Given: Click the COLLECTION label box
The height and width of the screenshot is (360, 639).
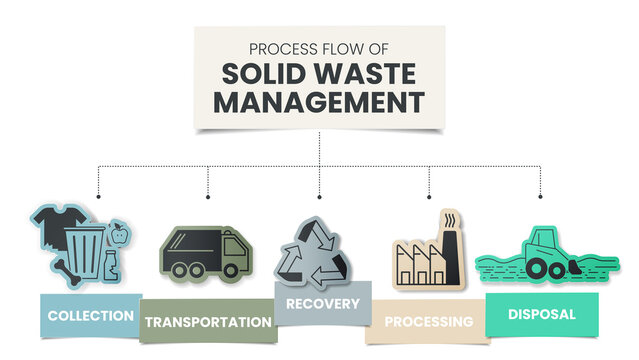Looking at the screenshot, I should point(89,316).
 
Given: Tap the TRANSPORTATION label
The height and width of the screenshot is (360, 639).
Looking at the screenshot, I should point(207,322).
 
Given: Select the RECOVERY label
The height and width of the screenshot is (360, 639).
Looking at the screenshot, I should point(322,303).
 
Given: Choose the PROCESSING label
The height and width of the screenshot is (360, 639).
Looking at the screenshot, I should point(428,322).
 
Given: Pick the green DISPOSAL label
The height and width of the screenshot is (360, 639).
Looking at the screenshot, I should point(541,314).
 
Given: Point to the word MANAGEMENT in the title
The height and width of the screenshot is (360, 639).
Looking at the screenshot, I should point(319,102).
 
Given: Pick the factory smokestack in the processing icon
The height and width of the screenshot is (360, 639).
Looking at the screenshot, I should point(446,236).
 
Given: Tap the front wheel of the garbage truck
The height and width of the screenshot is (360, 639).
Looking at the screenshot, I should point(231,269).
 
